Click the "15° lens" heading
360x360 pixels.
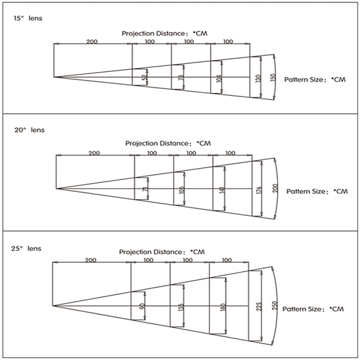coord(28,18)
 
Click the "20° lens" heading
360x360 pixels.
coord(29,130)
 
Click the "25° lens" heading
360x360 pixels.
coord(26,248)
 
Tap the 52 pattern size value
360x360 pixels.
coord(145,77)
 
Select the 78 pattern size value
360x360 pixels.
coord(181,78)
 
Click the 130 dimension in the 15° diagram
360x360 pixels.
coord(258,79)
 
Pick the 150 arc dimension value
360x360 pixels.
coord(273,78)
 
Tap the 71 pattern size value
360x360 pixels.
coord(145,189)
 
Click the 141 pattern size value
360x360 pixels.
coord(222,190)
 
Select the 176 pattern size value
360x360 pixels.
coord(259,191)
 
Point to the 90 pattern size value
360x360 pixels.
coord(142,306)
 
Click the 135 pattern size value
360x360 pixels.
coord(181,307)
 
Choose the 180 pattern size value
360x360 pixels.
coord(223,307)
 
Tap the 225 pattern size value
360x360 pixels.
coord(259,307)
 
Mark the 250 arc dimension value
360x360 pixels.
coord(275,305)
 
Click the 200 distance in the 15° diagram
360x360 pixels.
coord(92,41)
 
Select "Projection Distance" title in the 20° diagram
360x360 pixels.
coord(157,143)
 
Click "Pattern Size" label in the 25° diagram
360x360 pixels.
coord(301,309)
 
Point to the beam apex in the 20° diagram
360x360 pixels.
coord(56,188)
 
